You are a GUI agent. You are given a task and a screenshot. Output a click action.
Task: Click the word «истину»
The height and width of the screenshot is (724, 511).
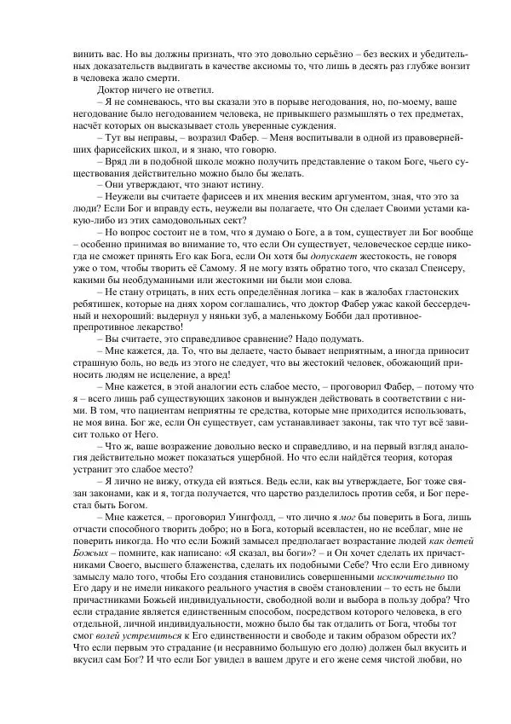point(203,182)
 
